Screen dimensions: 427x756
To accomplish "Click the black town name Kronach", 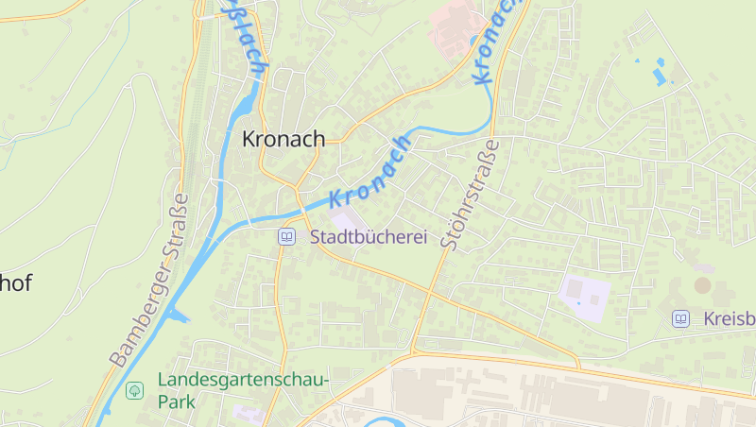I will click(283, 138).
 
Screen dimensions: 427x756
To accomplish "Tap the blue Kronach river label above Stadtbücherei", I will click(370, 171).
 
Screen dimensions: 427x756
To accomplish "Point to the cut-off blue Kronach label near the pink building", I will click(497, 43).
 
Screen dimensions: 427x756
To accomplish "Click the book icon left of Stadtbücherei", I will click(286, 236).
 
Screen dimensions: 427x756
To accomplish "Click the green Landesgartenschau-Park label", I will click(242, 390).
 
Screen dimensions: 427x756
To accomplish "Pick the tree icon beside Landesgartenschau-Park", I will click(135, 389).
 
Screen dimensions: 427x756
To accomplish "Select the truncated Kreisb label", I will click(729, 319).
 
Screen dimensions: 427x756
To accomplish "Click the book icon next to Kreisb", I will click(680, 319).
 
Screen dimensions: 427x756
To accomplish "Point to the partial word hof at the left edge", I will click(16, 282).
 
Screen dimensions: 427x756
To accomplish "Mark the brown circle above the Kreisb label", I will click(702, 284).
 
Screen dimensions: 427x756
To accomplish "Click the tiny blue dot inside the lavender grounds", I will click(593, 300).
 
